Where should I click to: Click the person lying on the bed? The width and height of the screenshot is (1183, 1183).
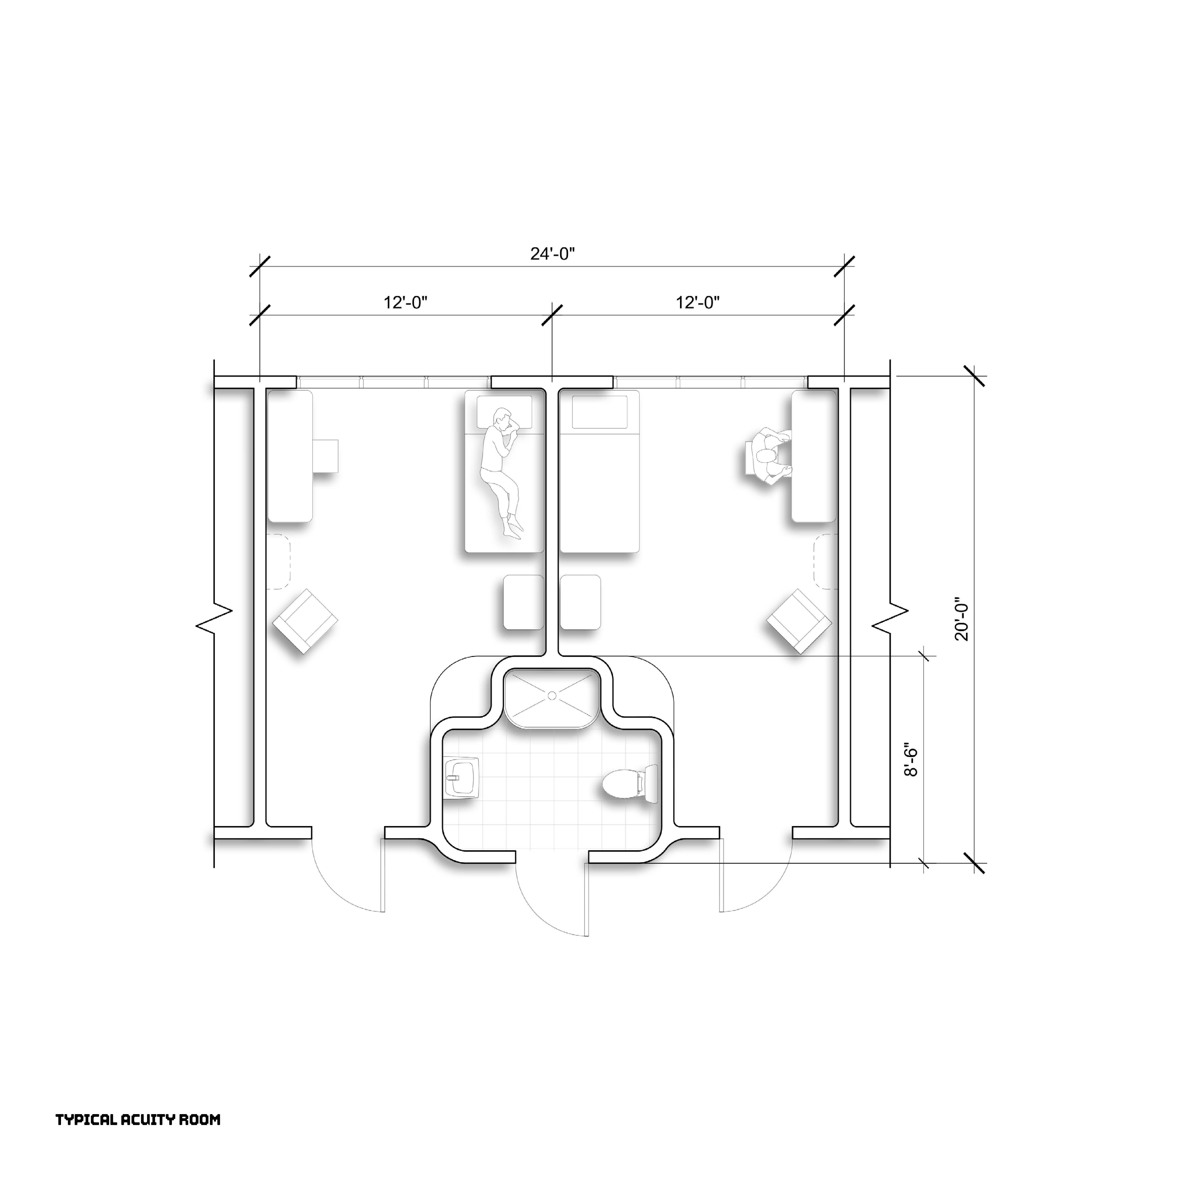[x=502, y=473]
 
